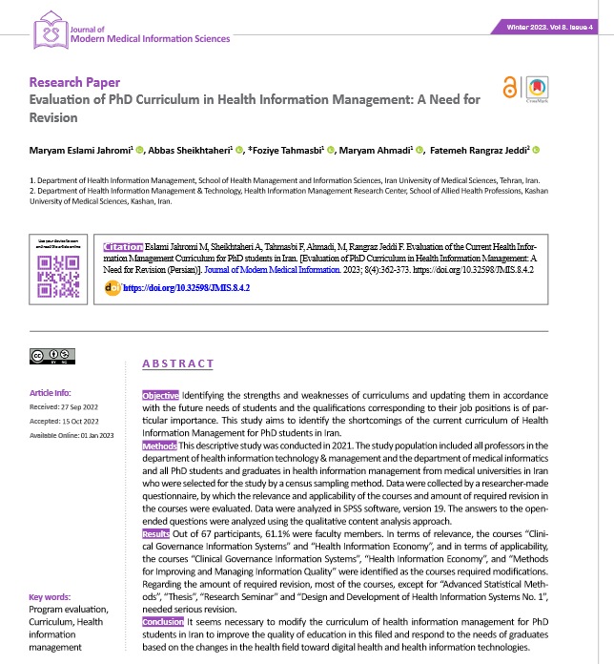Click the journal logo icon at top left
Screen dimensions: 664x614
click(x=48, y=32)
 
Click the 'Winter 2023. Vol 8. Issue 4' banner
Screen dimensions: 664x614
click(x=550, y=28)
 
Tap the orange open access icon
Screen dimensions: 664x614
click(x=510, y=88)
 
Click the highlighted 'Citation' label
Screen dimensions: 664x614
click(x=124, y=246)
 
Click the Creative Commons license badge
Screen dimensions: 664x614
click(x=53, y=356)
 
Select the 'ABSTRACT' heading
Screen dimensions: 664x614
click(x=177, y=363)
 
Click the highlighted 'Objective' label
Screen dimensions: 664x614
click(x=160, y=395)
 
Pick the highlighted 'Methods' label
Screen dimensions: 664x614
click(x=159, y=446)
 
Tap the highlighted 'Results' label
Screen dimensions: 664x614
click(x=156, y=534)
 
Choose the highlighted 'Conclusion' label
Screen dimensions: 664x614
click(x=162, y=622)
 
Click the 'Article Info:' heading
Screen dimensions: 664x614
click(x=50, y=392)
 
